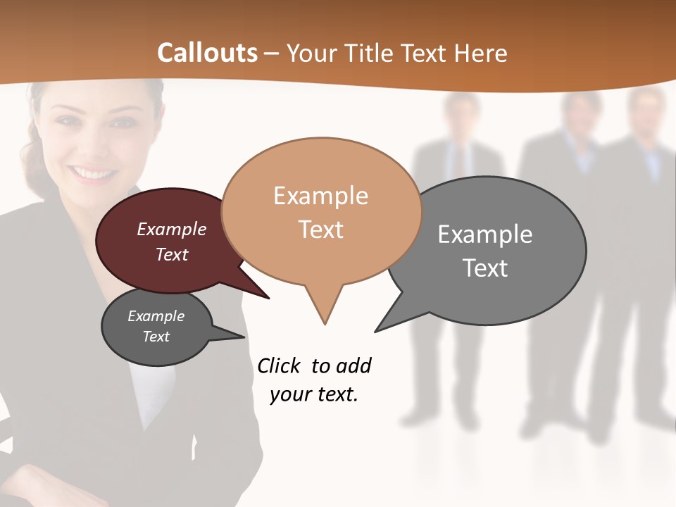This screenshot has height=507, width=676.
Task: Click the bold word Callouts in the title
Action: [207, 53]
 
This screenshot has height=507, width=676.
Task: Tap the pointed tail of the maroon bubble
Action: [264, 295]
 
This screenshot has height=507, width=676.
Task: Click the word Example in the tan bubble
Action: [320, 196]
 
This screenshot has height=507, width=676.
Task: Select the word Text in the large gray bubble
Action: [485, 268]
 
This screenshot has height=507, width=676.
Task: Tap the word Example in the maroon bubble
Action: [171, 229]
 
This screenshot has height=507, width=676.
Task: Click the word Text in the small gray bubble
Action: [156, 337]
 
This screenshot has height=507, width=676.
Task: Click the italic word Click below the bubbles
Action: [279, 365]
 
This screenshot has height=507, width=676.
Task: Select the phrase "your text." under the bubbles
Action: [314, 394]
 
